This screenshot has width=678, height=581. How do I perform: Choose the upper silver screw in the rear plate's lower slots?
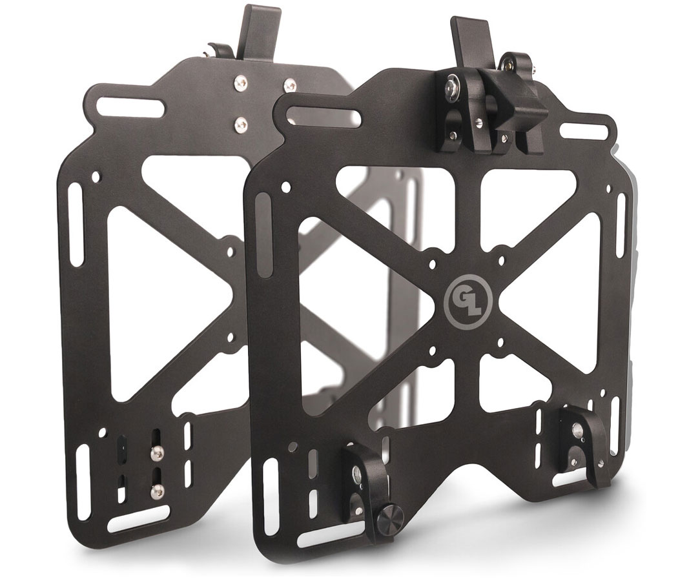(x=156, y=455)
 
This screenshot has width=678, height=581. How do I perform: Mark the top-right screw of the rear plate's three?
(x=289, y=84)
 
